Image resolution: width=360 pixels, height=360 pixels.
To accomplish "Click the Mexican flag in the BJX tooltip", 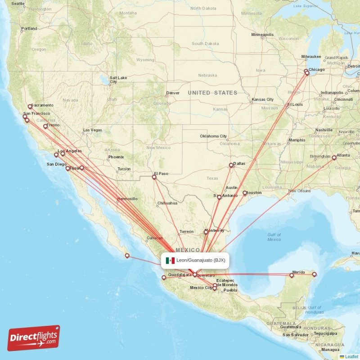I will point(170,261).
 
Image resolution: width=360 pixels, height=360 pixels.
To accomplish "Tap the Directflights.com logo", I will point(34,338).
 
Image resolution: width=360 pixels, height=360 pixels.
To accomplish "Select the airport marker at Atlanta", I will point(334,158).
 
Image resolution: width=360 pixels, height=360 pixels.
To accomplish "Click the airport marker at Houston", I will point(245,193).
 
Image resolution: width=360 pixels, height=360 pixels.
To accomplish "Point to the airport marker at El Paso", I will point(154,177).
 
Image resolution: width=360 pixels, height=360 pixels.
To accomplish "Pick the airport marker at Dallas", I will point(231,165).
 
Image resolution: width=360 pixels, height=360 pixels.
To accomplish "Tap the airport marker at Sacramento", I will point(30,107).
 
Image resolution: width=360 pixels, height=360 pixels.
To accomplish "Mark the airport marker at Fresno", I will point(45,126).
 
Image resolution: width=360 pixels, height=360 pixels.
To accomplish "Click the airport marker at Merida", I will point(292,275).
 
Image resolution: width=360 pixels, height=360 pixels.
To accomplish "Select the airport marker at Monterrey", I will point(206,233).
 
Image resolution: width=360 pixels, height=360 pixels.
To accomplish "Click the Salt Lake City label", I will point(118,80).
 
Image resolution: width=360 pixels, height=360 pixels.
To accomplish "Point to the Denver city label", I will point(173,93).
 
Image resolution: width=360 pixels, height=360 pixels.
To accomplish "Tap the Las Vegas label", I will point(92,130).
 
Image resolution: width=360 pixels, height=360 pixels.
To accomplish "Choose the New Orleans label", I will point(300,191).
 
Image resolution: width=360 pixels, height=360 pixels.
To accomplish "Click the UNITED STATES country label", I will point(212,93).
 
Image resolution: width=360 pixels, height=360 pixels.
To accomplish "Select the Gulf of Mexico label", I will point(274,237).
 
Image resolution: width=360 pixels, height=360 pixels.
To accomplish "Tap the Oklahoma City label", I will point(213,136).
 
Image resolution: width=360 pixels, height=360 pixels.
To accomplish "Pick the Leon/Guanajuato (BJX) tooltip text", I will point(201,260).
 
